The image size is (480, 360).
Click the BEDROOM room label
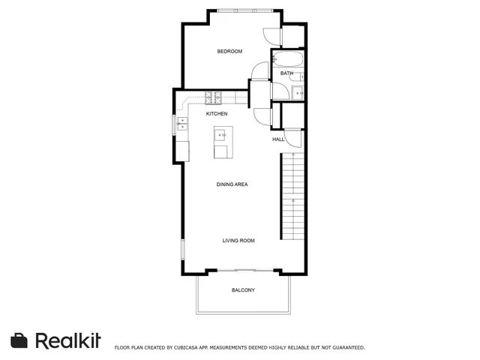229,51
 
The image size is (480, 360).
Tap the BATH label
286,73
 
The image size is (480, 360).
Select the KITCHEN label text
217,114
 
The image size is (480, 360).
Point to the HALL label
277,139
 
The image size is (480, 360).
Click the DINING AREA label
232,184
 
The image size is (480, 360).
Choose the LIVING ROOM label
238,241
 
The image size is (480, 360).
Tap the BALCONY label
243,290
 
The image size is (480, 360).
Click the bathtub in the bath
288,58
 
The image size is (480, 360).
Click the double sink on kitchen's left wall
181,124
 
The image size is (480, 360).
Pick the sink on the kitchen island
222,136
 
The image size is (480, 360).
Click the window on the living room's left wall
181,251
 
